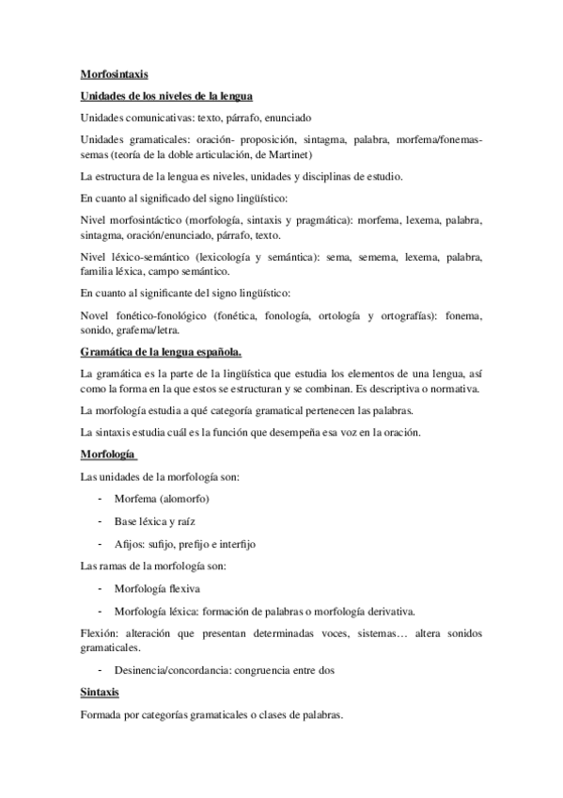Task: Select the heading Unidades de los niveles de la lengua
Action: (x=164, y=96)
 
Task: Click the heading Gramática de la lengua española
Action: (x=161, y=353)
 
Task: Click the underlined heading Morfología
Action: (x=107, y=455)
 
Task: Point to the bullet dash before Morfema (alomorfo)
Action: (x=100, y=498)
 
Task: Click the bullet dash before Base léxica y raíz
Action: (x=100, y=520)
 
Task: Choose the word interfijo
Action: (x=236, y=543)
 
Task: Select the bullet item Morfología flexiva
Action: (x=158, y=588)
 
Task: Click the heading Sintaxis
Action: (x=99, y=693)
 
